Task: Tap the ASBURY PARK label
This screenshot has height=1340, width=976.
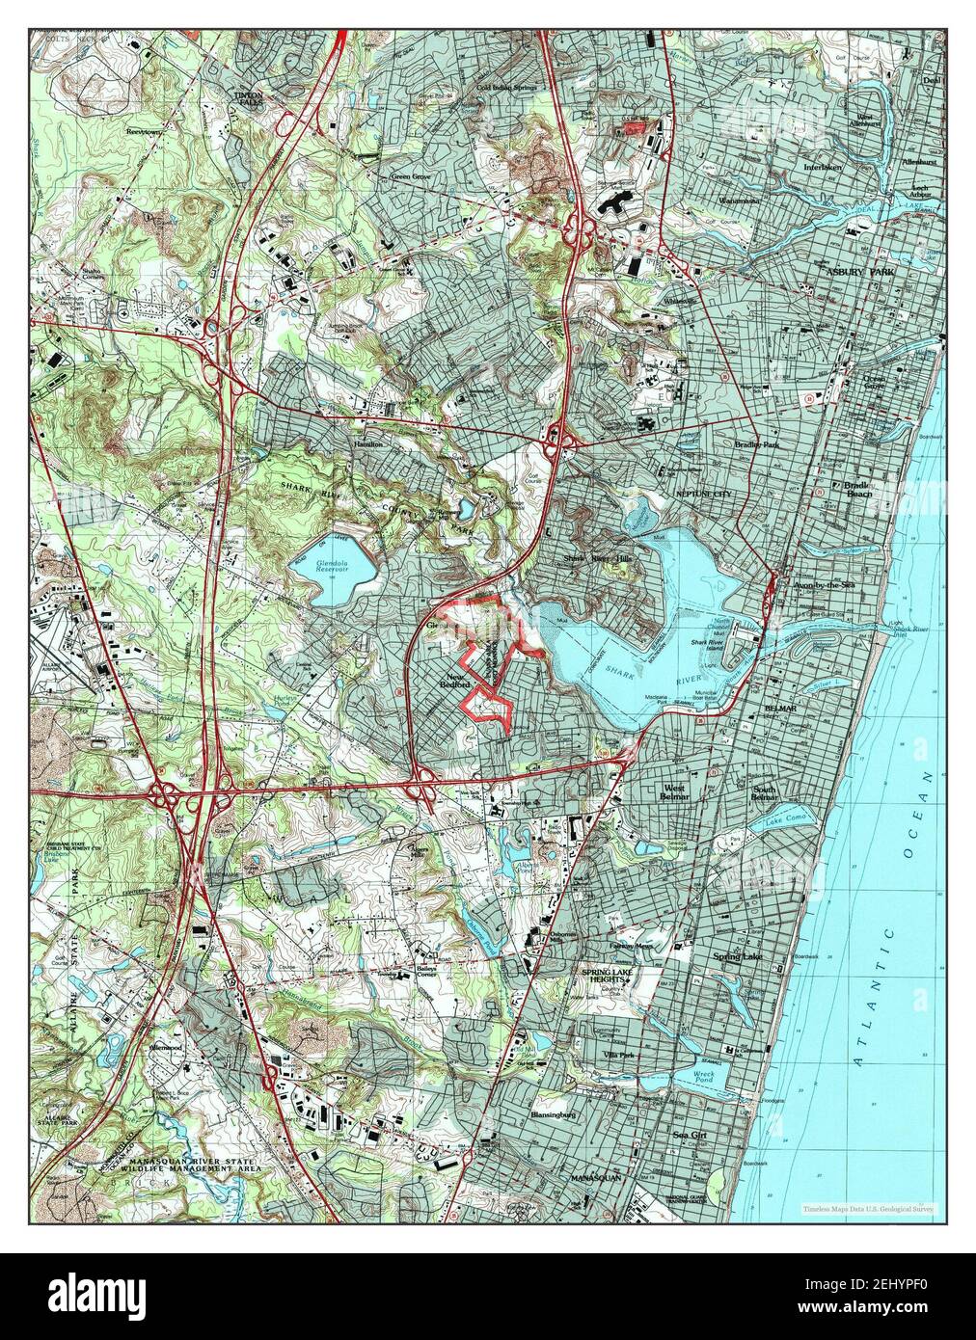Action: pos(861,273)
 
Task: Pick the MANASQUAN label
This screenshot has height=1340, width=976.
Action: pos(597,1178)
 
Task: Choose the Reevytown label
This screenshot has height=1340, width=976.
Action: pos(142,128)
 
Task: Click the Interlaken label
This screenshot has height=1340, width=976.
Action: pos(823,166)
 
